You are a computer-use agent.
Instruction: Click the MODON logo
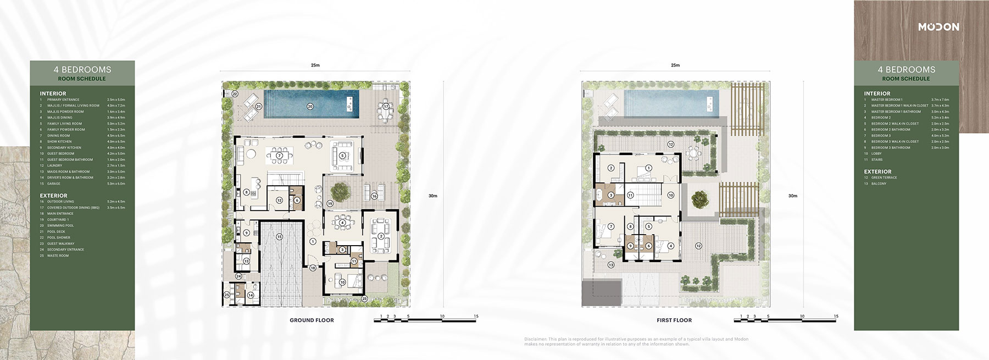tap(938, 27)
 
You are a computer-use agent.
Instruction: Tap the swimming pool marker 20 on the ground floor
tap(310, 106)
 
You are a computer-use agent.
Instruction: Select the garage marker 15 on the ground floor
tap(279, 236)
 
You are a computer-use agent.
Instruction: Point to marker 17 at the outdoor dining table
tap(386, 106)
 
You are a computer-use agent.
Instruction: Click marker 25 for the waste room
tap(227, 295)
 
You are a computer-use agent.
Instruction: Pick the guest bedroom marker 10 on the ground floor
tap(342, 283)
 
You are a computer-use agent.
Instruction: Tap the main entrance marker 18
tap(312, 268)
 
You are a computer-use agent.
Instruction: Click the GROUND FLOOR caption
tap(312, 320)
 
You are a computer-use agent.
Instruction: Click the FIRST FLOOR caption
tap(674, 320)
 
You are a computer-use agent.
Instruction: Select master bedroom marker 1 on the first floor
tap(648, 168)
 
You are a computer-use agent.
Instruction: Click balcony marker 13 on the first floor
tap(610, 265)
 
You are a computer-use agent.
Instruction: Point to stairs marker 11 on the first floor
tap(631, 195)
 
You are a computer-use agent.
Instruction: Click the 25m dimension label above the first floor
tap(675, 65)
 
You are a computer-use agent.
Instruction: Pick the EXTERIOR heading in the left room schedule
tap(53, 196)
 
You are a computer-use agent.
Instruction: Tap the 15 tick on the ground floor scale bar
tap(476, 316)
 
